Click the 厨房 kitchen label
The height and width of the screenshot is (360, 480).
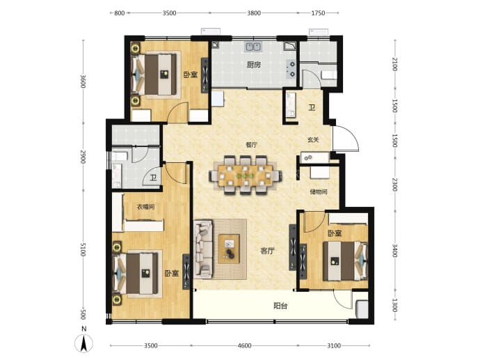click(254, 65)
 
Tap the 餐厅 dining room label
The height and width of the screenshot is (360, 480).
click(251, 145)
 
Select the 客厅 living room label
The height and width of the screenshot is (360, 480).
click(267, 251)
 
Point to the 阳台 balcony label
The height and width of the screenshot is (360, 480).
click(280, 306)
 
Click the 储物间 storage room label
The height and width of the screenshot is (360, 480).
click(319, 191)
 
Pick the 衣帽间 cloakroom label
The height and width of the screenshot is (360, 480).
click(145, 207)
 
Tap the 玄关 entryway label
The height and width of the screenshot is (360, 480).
click(313, 140)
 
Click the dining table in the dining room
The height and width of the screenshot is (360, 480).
click(245, 175)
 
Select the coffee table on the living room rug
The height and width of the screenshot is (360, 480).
click(229, 249)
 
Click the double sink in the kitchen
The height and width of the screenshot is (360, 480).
click(253, 47)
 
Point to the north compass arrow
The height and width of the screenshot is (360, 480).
click(83, 343)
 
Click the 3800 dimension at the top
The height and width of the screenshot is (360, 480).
click(254, 13)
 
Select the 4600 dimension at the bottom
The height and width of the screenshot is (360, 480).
click(244, 345)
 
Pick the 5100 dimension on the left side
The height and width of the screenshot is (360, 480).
click(83, 250)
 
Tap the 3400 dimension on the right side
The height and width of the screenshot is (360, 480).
click(394, 251)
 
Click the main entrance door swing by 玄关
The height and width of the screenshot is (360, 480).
click(346, 138)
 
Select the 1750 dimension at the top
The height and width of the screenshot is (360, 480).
click(318, 13)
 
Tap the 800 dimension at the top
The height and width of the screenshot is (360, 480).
click(120, 13)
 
